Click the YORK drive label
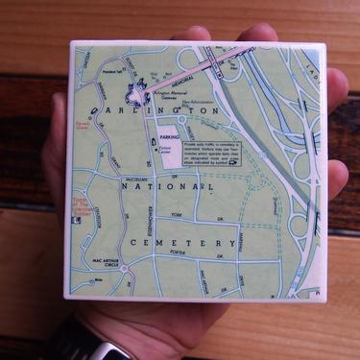point(175,216)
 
